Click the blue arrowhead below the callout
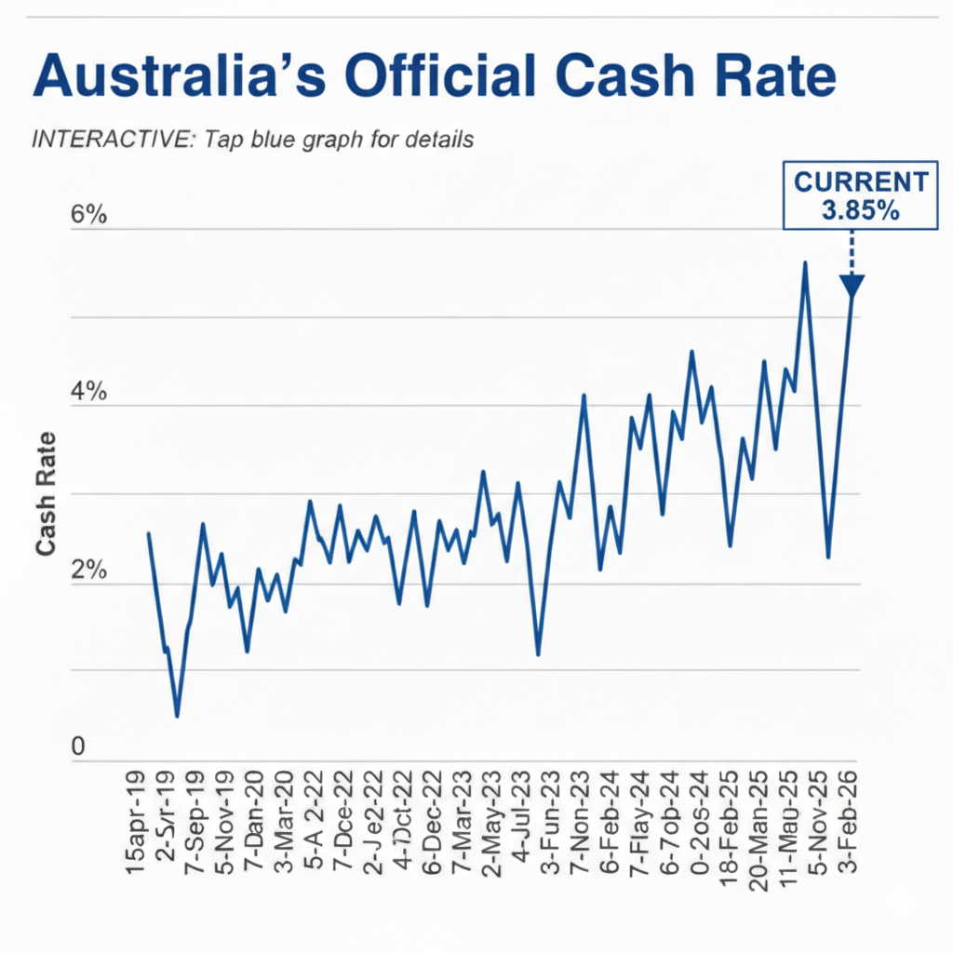(x=852, y=287)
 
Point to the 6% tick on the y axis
(x=89, y=215)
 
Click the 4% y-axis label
(x=89, y=394)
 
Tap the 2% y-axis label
(x=89, y=572)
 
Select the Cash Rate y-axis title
(x=46, y=494)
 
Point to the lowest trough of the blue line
(x=177, y=715)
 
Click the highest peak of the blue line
(x=805, y=263)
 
